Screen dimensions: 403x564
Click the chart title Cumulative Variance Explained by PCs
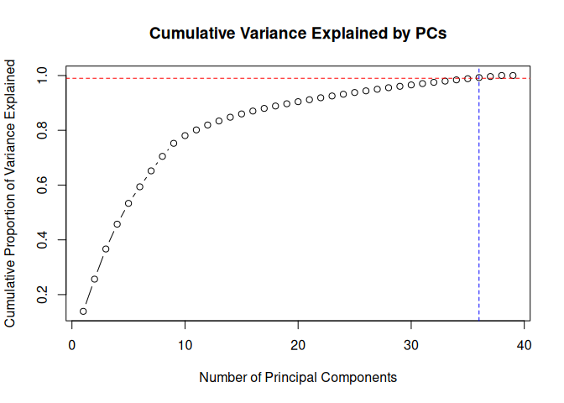298,34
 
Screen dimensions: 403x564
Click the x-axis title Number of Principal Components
298,378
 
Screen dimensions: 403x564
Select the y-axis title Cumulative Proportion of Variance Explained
11,193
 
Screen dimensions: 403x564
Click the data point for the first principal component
83,311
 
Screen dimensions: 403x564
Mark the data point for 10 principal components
185,136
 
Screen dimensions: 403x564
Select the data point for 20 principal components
298,102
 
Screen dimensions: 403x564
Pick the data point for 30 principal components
411,85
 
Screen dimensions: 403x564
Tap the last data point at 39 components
513,76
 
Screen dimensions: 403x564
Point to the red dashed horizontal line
252,79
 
